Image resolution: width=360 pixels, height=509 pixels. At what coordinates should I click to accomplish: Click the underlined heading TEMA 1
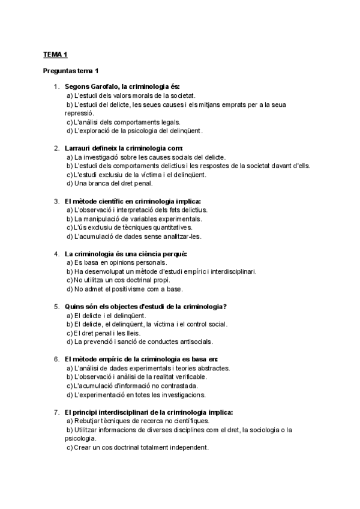pos(55,55)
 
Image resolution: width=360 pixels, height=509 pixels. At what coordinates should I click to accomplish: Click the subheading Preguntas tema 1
pos(71,71)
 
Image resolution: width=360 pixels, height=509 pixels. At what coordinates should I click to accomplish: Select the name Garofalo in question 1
pos(103,86)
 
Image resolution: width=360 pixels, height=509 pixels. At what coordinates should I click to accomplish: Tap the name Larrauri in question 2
pos(79,148)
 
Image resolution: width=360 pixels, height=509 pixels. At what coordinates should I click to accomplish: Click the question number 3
pos(56,201)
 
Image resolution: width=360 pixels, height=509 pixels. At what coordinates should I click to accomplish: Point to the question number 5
pos(56,306)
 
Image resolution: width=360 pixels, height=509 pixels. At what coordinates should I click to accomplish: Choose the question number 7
pos(56,412)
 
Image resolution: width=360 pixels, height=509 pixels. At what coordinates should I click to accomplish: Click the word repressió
pos(79,112)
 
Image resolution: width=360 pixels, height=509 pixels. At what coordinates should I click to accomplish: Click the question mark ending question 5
pos(224,306)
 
